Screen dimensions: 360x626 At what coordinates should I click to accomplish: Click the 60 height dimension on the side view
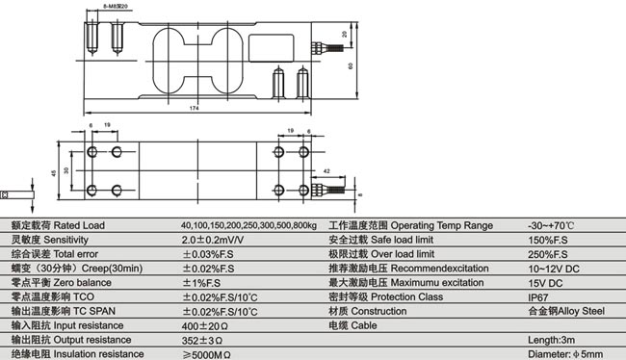352,64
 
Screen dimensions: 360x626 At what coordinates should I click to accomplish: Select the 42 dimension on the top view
327,170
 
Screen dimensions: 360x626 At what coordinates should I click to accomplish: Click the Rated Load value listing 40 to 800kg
248,225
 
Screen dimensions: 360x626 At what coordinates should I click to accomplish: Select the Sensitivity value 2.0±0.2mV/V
212,240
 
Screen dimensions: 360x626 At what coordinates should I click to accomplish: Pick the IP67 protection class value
538,297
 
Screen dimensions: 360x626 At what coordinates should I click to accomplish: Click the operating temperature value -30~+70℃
552,225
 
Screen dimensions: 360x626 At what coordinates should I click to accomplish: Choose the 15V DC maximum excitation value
544,283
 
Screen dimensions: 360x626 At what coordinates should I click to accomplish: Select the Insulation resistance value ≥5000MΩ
207,354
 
